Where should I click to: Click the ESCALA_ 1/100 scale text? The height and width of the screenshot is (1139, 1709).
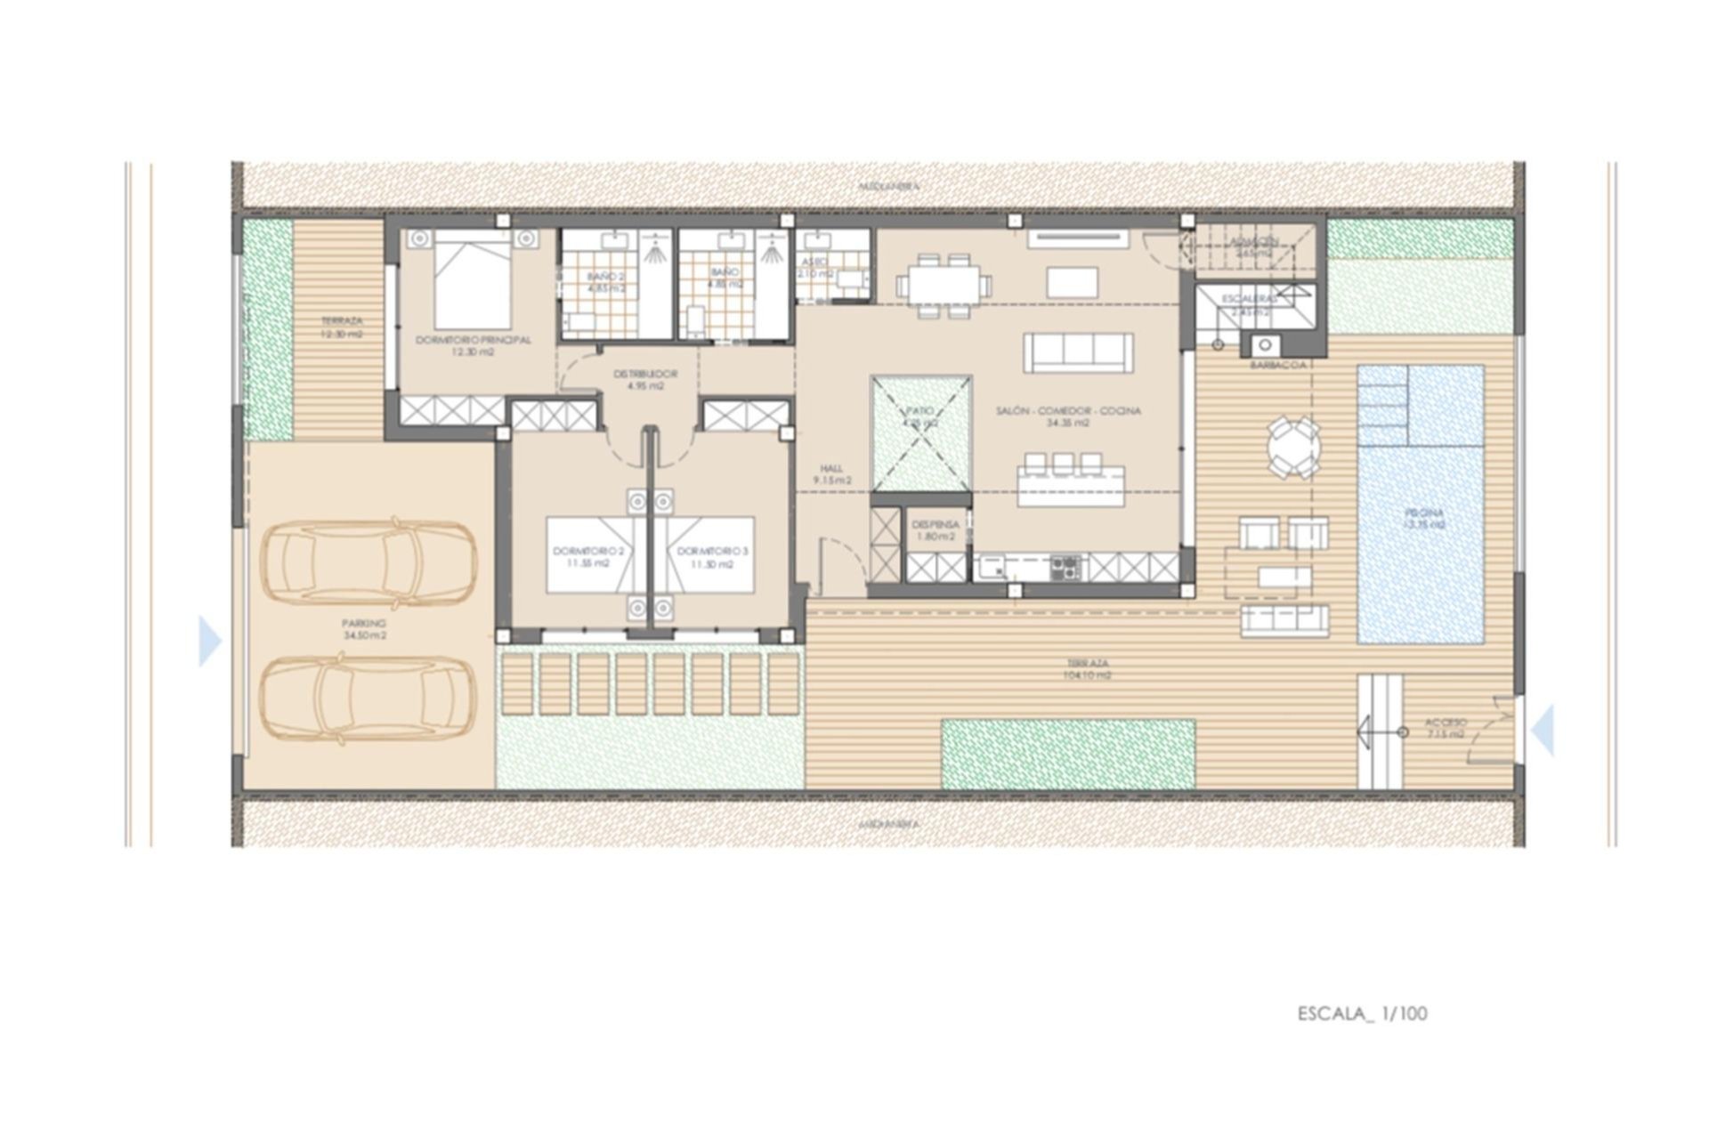(1362, 1014)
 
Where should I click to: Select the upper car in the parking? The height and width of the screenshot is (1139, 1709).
(369, 558)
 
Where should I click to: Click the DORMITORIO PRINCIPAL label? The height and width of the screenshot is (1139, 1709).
(473, 345)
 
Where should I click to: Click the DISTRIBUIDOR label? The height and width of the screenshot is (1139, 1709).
(645, 380)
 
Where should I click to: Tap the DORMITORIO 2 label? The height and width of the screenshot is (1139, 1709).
(587, 557)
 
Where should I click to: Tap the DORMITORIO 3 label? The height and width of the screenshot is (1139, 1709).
(713, 557)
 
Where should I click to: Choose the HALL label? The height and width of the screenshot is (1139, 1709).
(832, 473)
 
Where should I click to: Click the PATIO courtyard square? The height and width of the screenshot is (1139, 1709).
(920, 432)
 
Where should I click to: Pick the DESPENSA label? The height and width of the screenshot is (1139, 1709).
(935, 530)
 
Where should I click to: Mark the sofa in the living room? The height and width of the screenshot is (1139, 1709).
(1078, 353)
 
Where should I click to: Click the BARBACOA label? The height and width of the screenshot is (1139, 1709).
(1277, 365)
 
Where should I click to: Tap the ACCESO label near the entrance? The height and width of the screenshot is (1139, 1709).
(1445, 728)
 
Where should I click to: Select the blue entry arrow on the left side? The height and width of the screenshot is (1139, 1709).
(210, 641)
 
